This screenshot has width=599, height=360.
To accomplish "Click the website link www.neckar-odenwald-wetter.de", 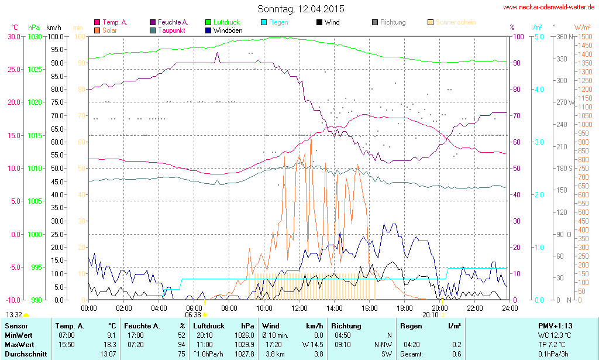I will tap(549, 7).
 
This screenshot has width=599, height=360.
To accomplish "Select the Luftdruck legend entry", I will tap(222, 22).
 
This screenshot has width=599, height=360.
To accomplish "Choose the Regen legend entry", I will tap(278, 22).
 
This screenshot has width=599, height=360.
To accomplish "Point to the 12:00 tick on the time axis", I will tap(299, 308).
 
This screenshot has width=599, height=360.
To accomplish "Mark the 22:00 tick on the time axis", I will tap(474, 308).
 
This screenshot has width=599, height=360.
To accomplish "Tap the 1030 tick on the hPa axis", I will tap(35, 36).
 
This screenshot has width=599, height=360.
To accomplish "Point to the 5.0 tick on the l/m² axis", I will tap(538, 36).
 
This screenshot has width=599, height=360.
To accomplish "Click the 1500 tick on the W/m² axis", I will tap(584, 36).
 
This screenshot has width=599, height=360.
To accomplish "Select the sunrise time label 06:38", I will tap(192, 314).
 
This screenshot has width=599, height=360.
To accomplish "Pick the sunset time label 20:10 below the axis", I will tap(430, 314).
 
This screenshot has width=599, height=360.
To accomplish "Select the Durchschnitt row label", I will tap(24, 354).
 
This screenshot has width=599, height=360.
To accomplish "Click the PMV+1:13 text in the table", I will tap(555, 325).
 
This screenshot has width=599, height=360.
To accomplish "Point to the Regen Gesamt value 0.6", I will tap(456, 354).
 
